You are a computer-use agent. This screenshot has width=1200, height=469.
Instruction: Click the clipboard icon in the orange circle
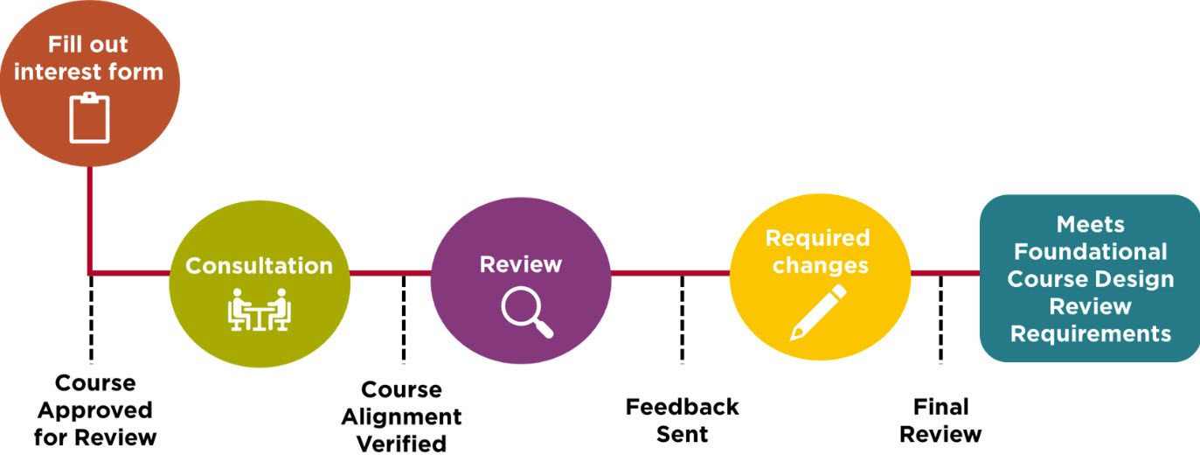(x=89, y=119)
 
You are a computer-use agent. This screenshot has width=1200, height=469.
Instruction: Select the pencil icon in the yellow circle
(x=818, y=311)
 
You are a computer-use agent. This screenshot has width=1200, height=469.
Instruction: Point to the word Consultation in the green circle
(x=259, y=266)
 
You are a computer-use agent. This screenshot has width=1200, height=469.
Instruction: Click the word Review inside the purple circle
(x=521, y=263)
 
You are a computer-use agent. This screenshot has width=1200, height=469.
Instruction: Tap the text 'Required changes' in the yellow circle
(x=818, y=251)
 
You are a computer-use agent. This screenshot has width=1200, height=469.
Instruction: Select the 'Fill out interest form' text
(x=88, y=58)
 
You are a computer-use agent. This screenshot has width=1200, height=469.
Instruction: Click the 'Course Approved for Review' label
(x=95, y=409)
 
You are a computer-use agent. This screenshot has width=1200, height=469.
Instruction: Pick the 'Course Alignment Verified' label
(x=401, y=416)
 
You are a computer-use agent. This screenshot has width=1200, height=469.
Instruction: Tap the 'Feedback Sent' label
(x=682, y=420)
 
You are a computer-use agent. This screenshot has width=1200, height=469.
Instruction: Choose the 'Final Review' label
(x=940, y=420)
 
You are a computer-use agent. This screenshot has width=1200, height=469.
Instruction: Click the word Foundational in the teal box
(x=1090, y=252)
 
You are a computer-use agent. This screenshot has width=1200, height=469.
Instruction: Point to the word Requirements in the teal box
(x=1090, y=333)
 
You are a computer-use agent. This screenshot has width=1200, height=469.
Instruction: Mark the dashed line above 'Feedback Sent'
(x=682, y=318)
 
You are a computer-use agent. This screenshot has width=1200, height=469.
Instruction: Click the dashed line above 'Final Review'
(x=940, y=318)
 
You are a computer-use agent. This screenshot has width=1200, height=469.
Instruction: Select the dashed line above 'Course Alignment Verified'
(x=403, y=318)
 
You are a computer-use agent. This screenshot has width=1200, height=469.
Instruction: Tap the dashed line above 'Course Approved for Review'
(x=91, y=318)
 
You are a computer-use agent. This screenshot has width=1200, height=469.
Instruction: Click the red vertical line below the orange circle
(x=91, y=219)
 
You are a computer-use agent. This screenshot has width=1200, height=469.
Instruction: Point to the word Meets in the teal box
(x=1090, y=224)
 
